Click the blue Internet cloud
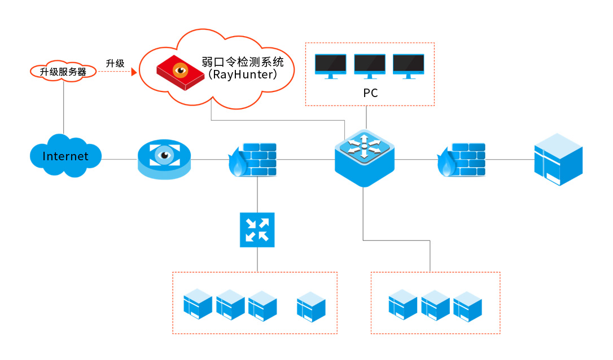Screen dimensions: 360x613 coord(65,155)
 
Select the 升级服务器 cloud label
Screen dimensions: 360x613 coord(63,72)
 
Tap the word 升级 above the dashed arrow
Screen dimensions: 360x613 coord(115,63)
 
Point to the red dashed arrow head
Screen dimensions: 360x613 coord(134,72)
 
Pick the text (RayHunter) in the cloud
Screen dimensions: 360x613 coord(242,74)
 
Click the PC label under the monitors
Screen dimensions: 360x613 coord(370,93)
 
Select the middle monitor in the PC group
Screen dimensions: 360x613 coord(370,65)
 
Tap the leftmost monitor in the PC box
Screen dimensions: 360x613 coord(331,65)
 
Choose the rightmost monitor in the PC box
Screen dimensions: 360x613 coord(408,65)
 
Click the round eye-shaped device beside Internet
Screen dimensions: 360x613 coord(164,159)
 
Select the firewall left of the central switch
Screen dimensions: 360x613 coord(253,160)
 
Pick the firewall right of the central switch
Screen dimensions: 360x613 coord(462,160)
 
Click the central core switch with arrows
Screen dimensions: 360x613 coord(364,157)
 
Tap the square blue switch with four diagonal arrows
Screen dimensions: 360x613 coord(257,230)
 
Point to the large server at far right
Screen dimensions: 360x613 coord(558,159)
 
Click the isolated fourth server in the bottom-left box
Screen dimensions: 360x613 coord(312,307)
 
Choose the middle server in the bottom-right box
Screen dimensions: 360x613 coord(435,305)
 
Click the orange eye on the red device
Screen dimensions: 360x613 coord(181,71)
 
